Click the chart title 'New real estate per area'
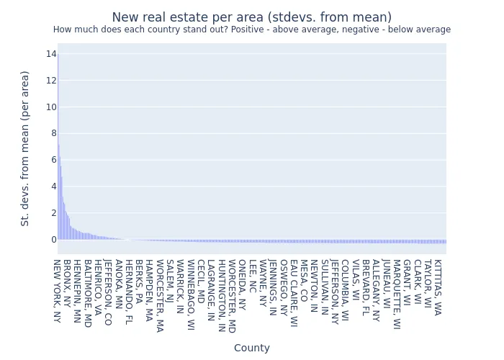tap(252, 17)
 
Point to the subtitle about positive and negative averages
tap(252, 30)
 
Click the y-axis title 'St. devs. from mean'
tap(25, 148)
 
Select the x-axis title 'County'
tap(252, 348)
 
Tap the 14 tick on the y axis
tap(52, 54)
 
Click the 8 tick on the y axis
tap(52, 133)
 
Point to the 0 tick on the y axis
tap(52, 239)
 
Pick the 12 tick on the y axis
tap(52, 81)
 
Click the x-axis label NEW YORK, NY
tap(56, 291)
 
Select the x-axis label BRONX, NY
tap(66, 284)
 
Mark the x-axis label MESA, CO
tap(303, 281)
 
